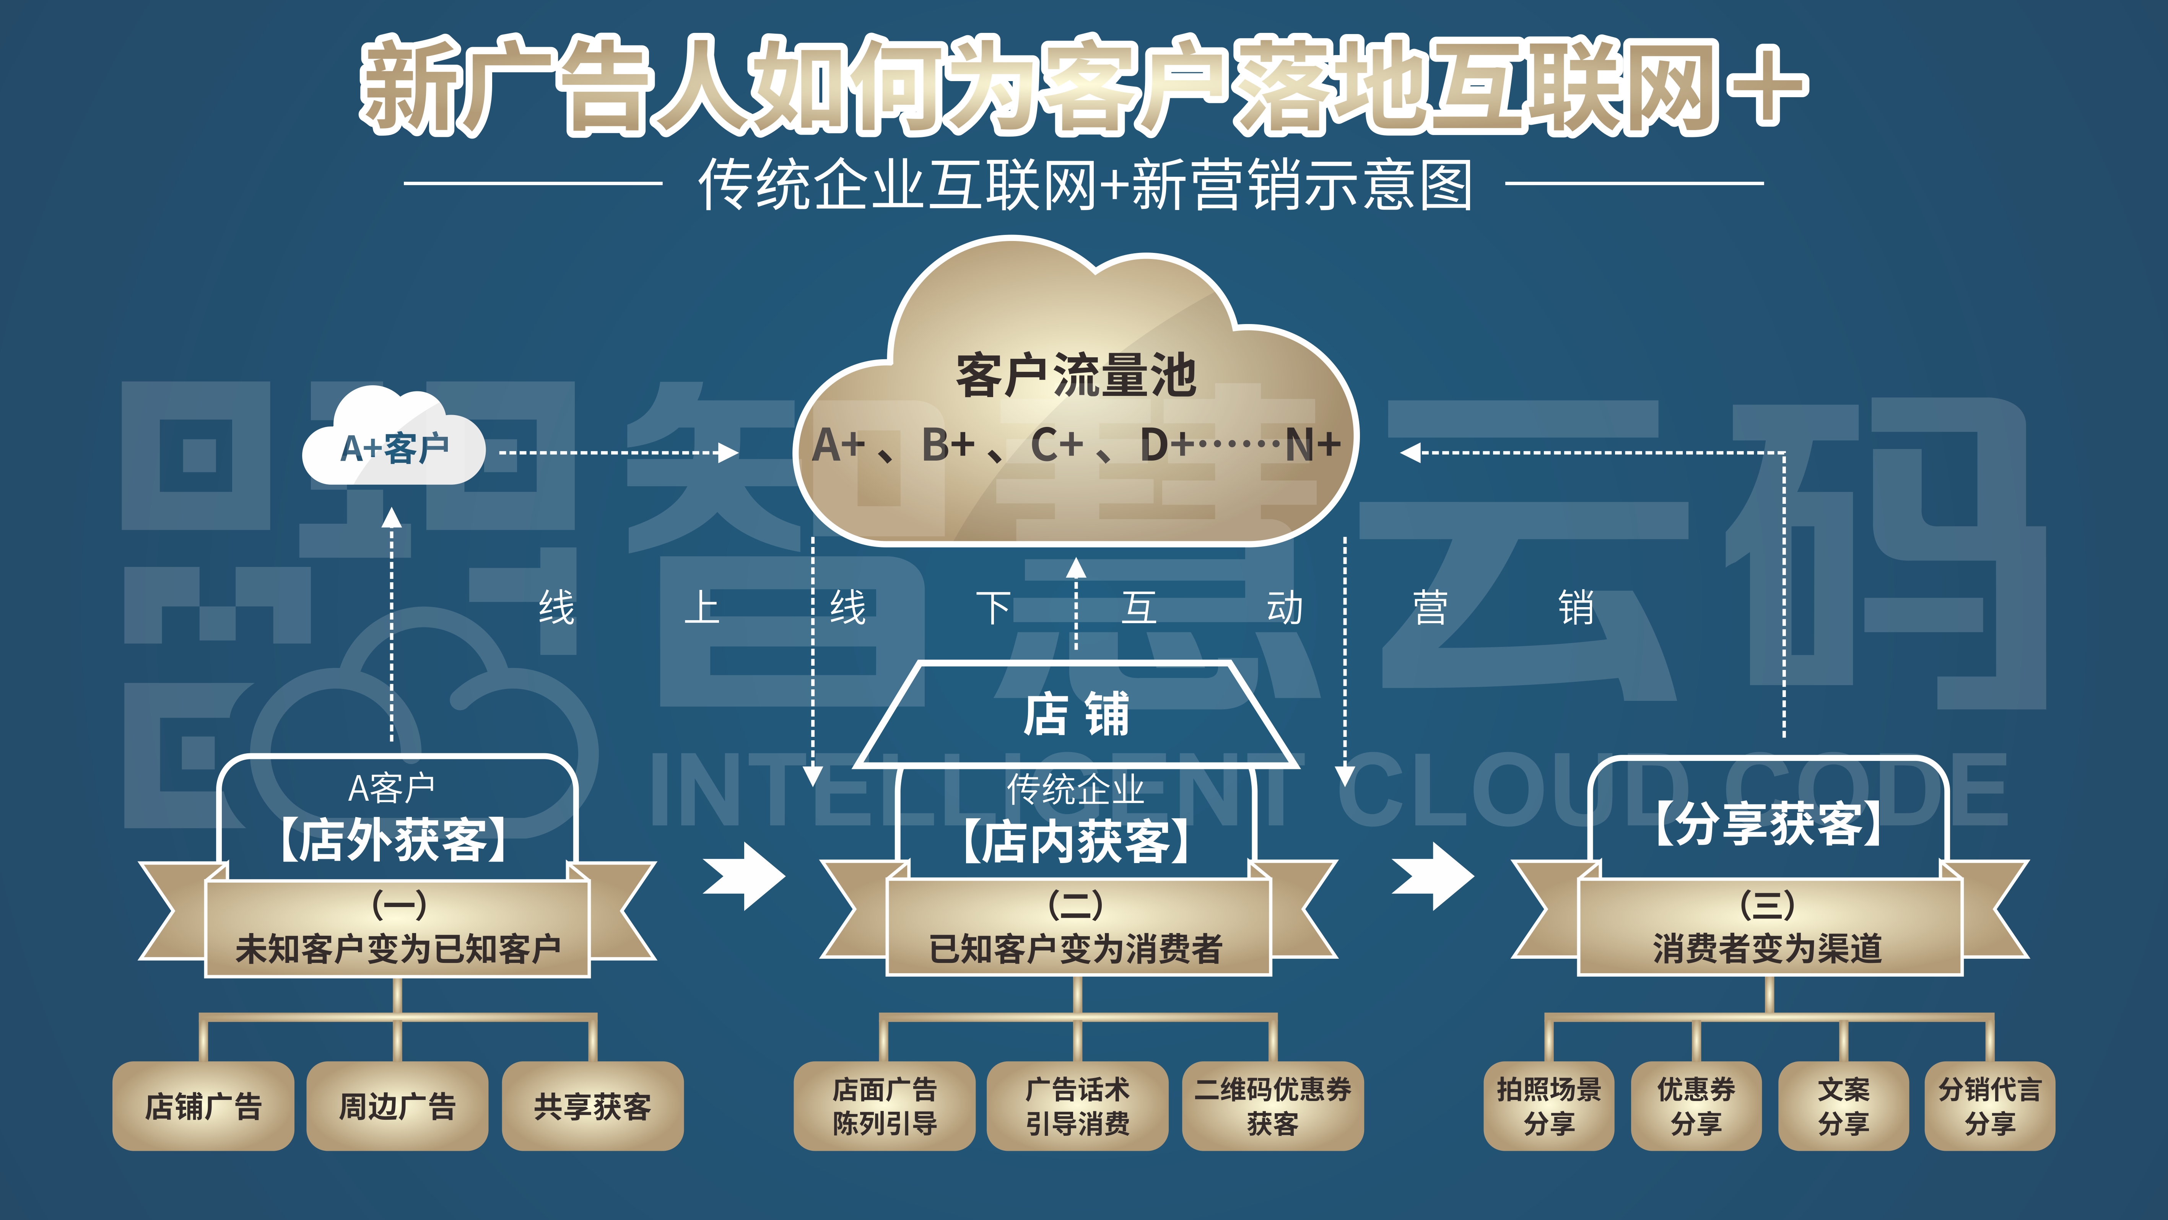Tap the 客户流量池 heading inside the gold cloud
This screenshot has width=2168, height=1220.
point(1075,376)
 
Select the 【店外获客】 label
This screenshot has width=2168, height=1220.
point(393,840)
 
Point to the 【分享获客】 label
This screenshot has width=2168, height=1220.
point(1767,823)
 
